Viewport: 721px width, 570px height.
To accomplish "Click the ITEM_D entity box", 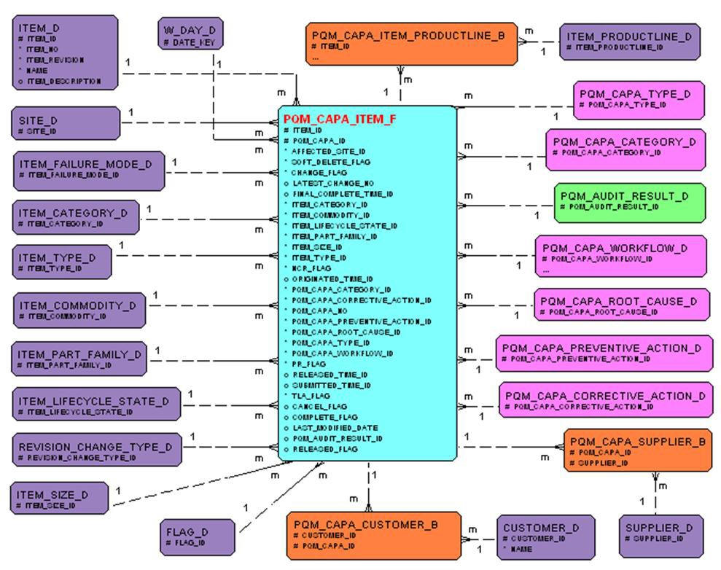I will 64,52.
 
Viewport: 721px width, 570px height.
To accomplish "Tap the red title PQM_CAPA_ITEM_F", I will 340,119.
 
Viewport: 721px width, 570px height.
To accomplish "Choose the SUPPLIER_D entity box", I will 660,537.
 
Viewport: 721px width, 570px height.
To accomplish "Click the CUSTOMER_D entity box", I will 540,537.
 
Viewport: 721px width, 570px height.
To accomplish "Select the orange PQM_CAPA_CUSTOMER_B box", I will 374,534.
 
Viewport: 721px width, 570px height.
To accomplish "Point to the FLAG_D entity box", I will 198,537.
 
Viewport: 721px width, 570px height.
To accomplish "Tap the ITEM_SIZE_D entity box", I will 59,499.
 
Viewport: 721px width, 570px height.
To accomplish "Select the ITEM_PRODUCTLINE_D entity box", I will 629,42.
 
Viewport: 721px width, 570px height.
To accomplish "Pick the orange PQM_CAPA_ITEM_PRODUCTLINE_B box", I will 410,44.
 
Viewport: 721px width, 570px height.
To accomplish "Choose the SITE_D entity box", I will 65,123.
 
